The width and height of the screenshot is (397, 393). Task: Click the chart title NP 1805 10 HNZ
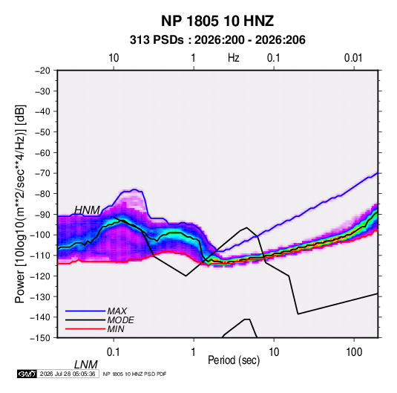point(217,21)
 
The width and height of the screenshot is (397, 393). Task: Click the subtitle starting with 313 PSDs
point(217,40)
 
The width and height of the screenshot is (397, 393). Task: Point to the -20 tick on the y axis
point(42,71)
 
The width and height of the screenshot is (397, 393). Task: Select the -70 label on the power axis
point(42,173)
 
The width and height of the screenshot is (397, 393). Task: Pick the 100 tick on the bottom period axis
point(354,352)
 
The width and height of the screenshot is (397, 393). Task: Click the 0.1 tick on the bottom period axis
point(114,352)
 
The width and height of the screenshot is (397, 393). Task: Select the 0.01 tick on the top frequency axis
point(353,58)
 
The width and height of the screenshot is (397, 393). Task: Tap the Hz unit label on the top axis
point(234,58)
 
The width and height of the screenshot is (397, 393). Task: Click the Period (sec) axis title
point(234,360)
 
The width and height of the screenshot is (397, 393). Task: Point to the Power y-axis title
point(20,204)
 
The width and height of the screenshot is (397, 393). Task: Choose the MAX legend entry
point(117,311)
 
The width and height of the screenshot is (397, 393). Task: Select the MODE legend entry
point(120,320)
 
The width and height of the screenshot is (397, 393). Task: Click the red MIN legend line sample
point(85,329)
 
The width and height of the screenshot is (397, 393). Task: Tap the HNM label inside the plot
point(88,210)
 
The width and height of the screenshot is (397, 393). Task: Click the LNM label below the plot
point(86,365)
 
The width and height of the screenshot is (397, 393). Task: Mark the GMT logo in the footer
point(27,374)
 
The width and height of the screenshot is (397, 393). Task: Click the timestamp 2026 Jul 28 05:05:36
point(68,374)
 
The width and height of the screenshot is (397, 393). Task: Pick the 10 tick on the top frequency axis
point(114,58)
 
